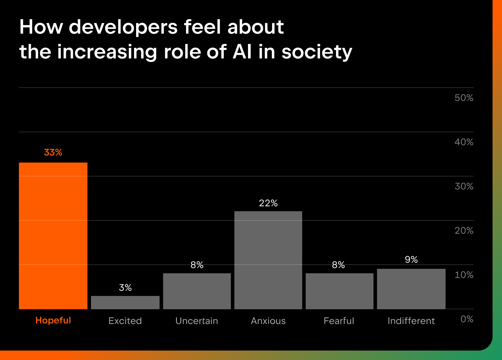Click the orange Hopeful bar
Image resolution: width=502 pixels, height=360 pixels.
[x=53, y=236]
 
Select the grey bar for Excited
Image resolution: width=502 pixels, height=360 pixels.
[x=125, y=302]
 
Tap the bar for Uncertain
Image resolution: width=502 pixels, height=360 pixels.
[x=197, y=291]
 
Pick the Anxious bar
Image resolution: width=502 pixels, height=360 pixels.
[x=268, y=260]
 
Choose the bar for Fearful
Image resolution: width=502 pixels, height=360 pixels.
[x=339, y=291]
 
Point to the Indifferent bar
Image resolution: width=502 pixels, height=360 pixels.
[x=411, y=289]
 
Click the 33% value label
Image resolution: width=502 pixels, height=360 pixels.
[x=53, y=153]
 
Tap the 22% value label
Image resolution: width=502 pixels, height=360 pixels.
[x=268, y=203]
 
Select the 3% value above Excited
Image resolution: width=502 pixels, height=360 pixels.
[x=125, y=288]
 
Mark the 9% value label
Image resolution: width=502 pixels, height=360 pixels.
[x=411, y=260]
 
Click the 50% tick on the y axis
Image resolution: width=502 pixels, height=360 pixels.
[x=464, y=98]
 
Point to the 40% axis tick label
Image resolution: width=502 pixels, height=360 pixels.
[x=464, y=142]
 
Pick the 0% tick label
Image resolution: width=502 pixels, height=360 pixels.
[x=467, y=319]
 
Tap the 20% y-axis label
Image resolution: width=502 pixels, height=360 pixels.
[x=464, y=231]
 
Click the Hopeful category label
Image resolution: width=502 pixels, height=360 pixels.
[x=53, y=320]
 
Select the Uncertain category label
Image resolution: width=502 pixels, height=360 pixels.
[x=197, y=321]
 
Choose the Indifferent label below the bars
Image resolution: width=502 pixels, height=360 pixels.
[x=411, y=321]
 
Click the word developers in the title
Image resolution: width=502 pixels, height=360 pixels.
[x=123, y=27]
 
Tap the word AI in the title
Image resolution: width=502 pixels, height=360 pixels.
[x=242, y=52]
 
